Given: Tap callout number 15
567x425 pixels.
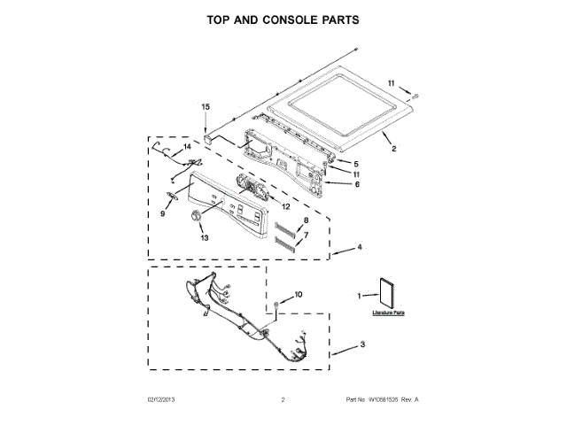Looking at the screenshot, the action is click(206, 107).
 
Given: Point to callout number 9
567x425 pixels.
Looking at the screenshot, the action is click(163, 213).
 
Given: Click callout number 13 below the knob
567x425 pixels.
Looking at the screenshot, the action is click(205, 237).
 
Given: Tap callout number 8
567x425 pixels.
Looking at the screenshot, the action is click(307, 220).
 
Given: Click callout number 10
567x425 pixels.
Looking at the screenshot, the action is click(298, 294).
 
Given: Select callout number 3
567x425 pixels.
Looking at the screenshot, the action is click(362, 344).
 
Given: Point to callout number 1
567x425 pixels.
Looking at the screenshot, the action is click(361, 295).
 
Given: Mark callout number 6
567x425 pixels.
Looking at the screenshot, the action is click(357, 184).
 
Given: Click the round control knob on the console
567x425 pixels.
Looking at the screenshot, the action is click(196, 219).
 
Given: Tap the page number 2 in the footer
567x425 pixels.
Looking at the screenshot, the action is click(282, 401).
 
